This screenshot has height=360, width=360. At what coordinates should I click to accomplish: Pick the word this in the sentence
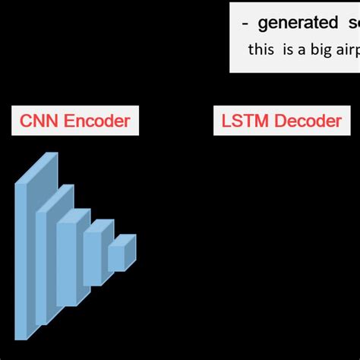261,49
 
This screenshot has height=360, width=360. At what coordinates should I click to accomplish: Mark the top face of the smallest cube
122,239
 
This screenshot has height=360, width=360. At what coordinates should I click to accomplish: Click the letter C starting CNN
25,120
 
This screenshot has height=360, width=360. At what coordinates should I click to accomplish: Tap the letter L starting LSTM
226,120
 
